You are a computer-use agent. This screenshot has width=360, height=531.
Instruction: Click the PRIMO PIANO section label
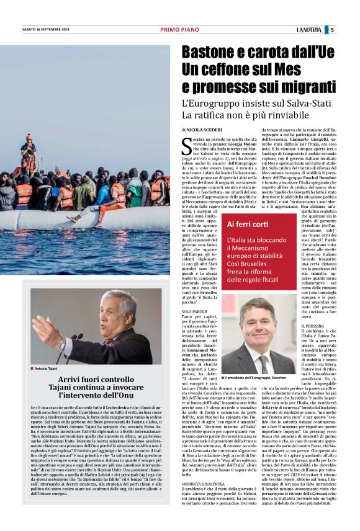(179, 30)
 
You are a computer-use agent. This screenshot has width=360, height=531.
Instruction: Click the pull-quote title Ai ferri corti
(245, 224)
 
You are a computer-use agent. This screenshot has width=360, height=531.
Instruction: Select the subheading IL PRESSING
(312, 326)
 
